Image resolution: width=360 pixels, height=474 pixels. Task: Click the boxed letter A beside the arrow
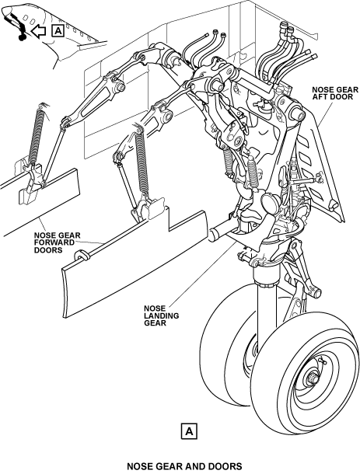point(58,31)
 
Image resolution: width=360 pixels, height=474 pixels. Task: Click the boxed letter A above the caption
point(189,430)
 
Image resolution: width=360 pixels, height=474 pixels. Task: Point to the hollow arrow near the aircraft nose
point(38,31)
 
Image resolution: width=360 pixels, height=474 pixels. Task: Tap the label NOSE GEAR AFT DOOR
point(334,93)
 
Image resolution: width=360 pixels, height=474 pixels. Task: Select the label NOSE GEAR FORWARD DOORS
point(58,242)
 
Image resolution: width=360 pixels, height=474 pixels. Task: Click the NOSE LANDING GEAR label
point(161,315)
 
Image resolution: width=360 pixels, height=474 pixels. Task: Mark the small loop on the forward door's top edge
point(81,255)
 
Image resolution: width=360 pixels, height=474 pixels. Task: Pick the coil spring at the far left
point(37,136)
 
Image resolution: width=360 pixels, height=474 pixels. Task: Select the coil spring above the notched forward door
point(142,162)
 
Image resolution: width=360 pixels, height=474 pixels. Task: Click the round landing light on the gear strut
point(270,204)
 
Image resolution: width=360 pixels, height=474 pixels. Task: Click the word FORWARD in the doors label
point(54,242)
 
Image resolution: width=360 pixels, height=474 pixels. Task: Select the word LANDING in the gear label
point(162,315)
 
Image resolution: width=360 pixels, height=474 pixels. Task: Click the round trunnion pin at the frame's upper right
point(297,115)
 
